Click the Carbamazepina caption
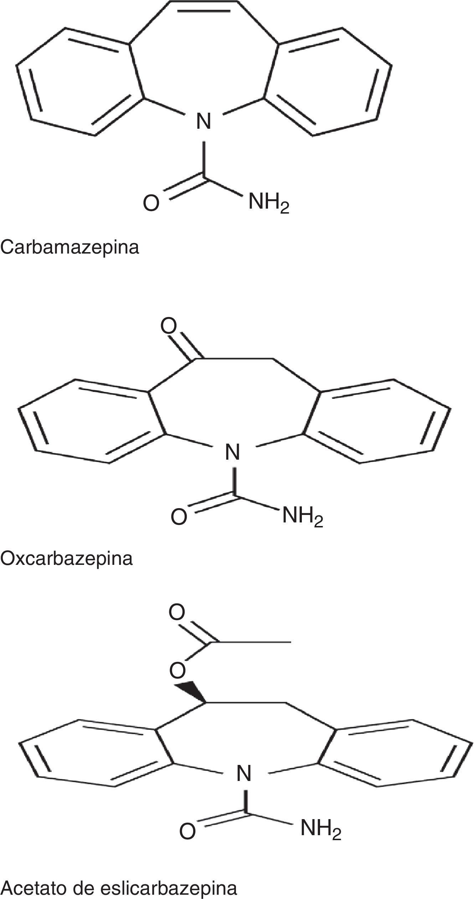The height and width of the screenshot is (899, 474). click(70, 247)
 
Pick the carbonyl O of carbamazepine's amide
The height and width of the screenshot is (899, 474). click(151, 204)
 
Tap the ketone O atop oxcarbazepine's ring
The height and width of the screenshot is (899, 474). click(169, 326)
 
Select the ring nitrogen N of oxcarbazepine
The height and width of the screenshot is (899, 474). click(233, 453)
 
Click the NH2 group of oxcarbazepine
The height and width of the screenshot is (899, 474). click(303, 516)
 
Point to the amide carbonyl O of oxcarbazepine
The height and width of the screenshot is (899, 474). click(179, 517)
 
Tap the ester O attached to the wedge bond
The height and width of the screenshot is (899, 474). click(177, 671)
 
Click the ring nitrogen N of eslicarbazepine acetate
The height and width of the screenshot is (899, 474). click(244, 774)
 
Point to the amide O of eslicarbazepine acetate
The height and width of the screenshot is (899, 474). click(187, 840)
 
